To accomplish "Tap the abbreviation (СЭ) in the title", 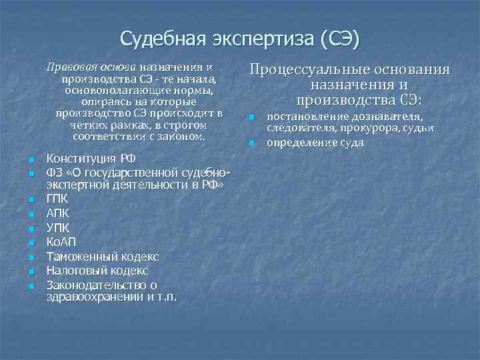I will tap(339, 39).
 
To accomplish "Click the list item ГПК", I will tap(57, 198).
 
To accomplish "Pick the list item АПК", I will tap(57, 213).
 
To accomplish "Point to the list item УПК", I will tap(57, 227).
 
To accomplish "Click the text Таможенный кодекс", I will tap(102, 256).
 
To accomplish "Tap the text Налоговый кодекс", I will tap(97, 271).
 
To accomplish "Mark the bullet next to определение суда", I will tap(252, 143).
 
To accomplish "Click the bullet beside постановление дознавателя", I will tap(252, 118).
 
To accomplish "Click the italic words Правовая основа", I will tap(91, 67).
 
